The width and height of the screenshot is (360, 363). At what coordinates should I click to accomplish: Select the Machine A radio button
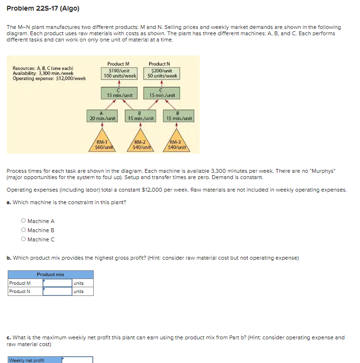[23, 221]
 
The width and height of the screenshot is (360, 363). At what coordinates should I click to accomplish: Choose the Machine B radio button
[23, 230]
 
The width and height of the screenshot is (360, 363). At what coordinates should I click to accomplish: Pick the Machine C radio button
[23, 239]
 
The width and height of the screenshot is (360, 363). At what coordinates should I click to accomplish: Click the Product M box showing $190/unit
[119, 73]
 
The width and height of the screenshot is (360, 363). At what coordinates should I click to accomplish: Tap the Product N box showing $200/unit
[162, 73]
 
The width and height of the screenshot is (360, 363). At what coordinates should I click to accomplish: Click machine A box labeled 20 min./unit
[102, 115]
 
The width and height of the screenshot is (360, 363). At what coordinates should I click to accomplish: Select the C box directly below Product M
[119, 93]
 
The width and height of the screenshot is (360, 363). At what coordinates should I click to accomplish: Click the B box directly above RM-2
[140, 115]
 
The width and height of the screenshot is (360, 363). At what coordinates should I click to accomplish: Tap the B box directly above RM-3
[179, 115]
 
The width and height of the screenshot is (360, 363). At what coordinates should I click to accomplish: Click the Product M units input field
[57, 283]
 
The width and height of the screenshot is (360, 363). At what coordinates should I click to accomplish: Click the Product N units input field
[57, 291]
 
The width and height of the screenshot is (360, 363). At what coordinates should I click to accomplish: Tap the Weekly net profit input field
[77, 360]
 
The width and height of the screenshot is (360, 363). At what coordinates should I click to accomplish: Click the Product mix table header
[50, 274]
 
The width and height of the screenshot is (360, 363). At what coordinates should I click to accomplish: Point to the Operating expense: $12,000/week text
[49, 78]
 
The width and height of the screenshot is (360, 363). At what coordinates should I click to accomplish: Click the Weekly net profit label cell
[34, 360]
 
